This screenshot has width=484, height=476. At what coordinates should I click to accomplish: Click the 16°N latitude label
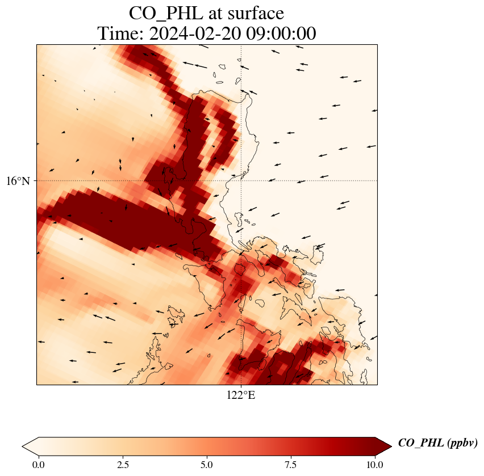(18, 181)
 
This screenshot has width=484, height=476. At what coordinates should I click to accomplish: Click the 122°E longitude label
(241, 395)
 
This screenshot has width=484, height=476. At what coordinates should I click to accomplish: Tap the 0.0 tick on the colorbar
(39, 465)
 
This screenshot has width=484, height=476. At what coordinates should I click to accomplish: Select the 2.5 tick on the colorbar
(123, 465)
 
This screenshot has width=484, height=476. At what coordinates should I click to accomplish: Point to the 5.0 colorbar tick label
(207, 465)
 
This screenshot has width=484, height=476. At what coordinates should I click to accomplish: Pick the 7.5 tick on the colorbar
(291, 465)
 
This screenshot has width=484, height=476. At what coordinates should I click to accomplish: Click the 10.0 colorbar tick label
(374, 465)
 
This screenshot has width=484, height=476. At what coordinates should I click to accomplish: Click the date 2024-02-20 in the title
(193, 33)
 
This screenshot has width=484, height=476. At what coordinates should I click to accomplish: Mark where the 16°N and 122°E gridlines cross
(241, 180)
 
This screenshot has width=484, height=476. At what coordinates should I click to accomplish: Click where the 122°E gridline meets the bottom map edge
(241, 385)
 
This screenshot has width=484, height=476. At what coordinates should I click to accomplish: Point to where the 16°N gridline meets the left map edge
(37, 180)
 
